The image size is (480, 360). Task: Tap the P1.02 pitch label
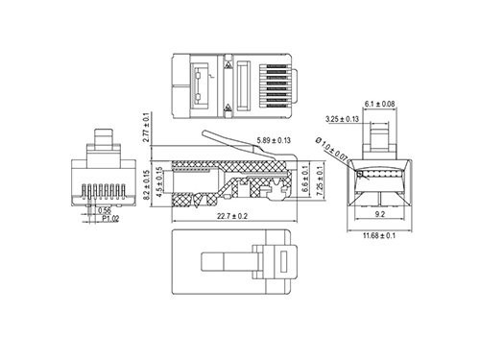[112, 218]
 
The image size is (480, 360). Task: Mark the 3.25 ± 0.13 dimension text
[342, 119]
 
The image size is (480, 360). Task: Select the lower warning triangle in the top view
[228, 108]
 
